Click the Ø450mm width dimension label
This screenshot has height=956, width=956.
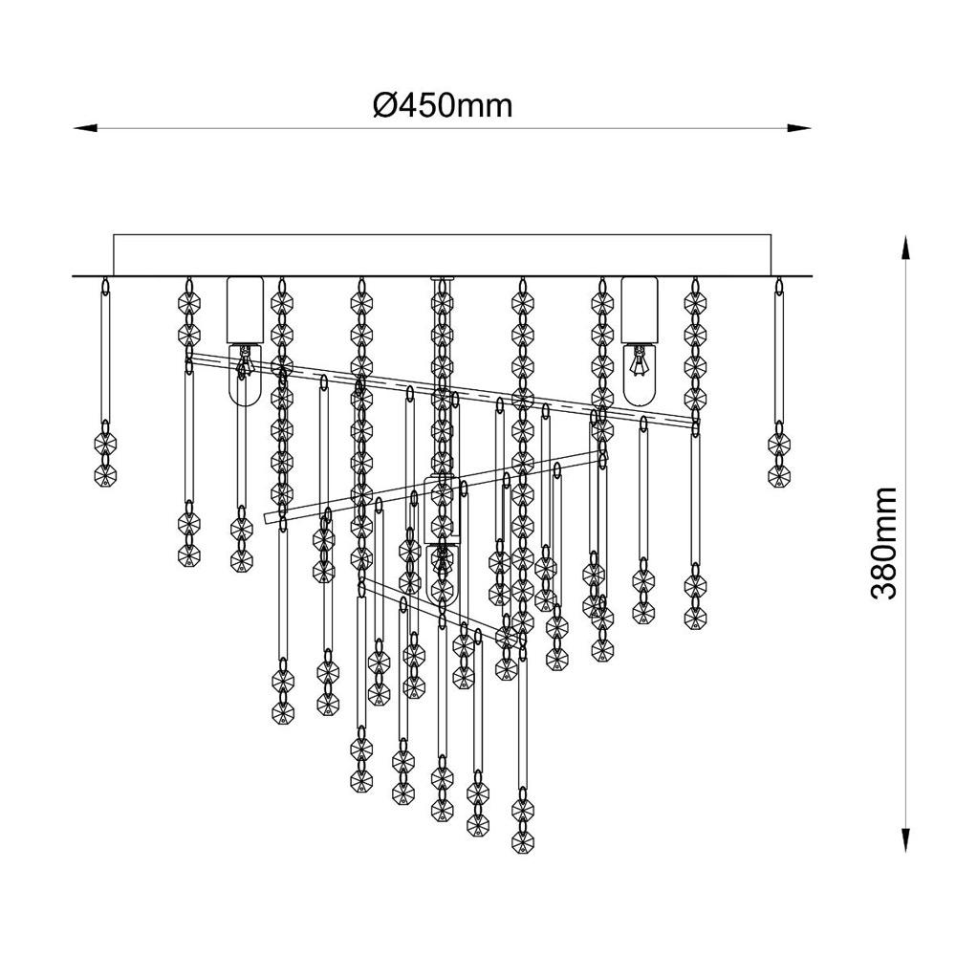(x=443, y=106)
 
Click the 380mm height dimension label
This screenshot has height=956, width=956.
(x=884, y=543)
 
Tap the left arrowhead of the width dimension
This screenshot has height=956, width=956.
(x=85, y=128)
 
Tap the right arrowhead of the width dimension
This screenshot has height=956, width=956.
(x=798, y=128)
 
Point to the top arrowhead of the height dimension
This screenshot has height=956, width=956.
(x=906, y=249)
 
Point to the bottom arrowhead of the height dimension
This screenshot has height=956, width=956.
(x=906, y=839)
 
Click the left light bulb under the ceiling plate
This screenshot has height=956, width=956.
(x=245, y=375)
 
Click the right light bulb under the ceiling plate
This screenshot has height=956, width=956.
(x=640, y=375)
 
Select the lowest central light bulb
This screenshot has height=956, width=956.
(x=442, y=573)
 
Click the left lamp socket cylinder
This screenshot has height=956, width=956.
(x=245, y=310)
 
